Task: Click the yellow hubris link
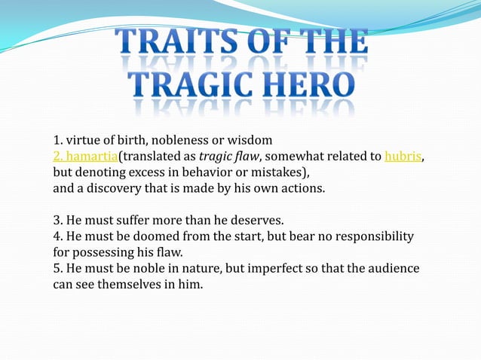pyautogui.click(x=403, y=156)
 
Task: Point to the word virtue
pyautogui.click(x=82, y=140)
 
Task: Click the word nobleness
pyautogui.click(x=178, y=140)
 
